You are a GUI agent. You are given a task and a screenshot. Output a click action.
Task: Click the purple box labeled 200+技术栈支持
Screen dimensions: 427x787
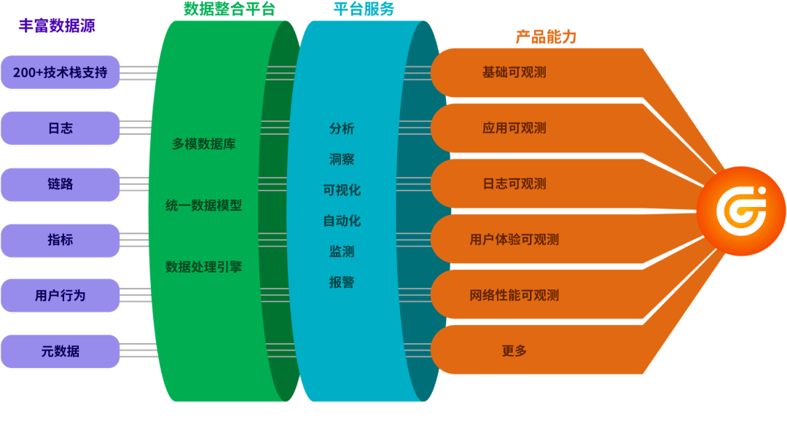(60, 72)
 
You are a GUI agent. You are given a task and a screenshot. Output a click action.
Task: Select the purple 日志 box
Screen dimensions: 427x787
(60, 128)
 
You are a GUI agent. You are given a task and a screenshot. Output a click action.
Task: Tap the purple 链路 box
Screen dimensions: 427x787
(60, 184)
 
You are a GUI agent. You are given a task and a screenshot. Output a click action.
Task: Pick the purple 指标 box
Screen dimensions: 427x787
(60, 240)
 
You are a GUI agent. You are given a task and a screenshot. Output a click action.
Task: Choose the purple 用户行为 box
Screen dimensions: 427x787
(60, 295)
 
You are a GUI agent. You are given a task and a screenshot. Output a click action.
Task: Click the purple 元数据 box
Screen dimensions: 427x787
(60, 350)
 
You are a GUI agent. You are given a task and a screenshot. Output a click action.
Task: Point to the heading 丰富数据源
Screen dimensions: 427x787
(57, 26)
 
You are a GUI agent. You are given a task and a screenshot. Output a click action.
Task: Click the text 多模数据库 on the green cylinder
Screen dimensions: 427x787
(204, 144)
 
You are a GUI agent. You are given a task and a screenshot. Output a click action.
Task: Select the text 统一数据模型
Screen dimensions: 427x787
(204, 205)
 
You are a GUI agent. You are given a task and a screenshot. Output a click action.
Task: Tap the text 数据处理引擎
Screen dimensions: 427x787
(204, 267)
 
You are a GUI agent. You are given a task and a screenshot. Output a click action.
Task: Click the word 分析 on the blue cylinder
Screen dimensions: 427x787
(342, 128)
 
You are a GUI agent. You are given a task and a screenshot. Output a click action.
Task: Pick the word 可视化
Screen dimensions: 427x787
(342, 190)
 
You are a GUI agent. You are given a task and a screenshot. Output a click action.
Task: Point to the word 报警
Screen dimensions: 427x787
(342, 282)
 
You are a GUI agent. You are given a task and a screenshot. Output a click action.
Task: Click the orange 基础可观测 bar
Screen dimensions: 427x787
(514, 72)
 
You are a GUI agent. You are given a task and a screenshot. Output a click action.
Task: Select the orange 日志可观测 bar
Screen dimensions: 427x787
(514, 184)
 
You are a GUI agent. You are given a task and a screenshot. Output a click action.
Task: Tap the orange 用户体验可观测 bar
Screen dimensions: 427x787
(514, 240)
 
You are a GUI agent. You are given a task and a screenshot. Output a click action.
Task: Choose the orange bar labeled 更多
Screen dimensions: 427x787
(514, 350)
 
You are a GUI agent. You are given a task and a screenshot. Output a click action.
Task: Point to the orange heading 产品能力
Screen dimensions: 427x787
(546, 37)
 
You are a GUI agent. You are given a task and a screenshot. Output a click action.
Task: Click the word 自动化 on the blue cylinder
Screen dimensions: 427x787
(342, 221)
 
